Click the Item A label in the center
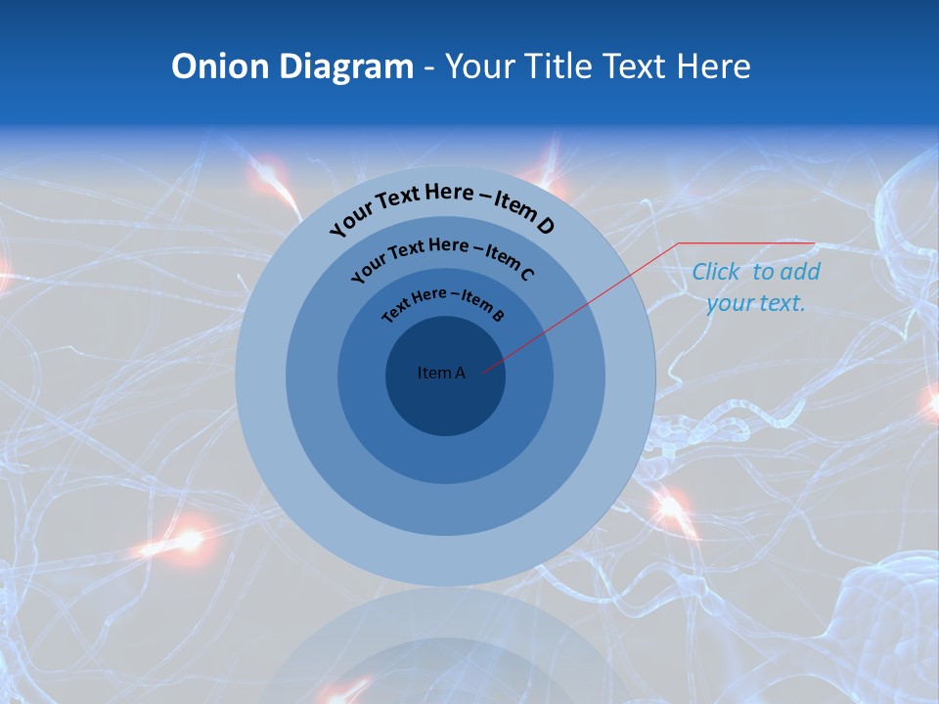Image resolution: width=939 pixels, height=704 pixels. pos(441,373)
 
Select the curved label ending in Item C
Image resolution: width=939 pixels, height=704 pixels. pos(442,257)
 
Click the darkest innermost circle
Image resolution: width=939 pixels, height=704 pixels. pos(445,401)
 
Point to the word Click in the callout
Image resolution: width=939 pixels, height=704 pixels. pos(715,272)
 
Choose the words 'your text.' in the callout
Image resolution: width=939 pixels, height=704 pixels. pos(755,303)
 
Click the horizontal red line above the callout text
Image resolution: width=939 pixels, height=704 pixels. pos(746,242)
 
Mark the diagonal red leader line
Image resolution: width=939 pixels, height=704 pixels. pos(587,303)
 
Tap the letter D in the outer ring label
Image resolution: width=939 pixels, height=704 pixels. pos(546,227)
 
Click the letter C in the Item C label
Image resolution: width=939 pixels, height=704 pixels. pos(527,274)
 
